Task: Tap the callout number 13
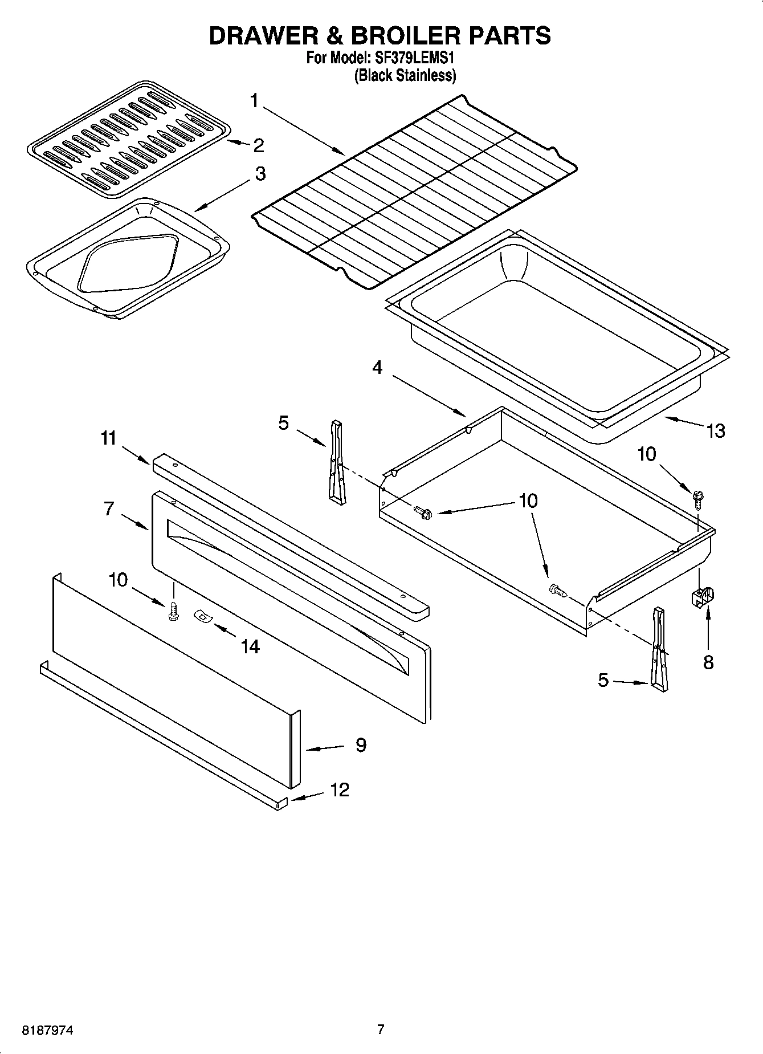[715, 430]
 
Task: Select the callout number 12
[339, 790]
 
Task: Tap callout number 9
[360, 744]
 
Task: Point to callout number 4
[377, 368]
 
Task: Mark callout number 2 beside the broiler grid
[258, 145]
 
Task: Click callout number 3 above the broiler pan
[260, 173]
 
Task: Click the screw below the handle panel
[173, 612]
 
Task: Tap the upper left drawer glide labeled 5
[336, 461]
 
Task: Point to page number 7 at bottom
[381, 1029]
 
